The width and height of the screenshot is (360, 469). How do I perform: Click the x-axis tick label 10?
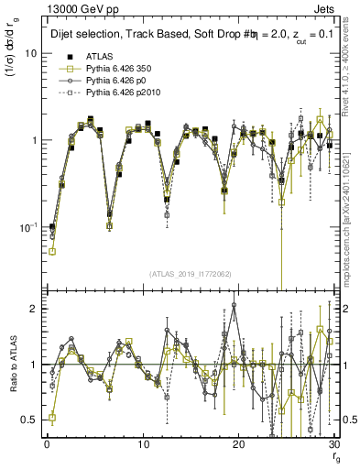(x=143, y=444)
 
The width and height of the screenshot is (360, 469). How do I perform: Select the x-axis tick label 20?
(x=239, y=444)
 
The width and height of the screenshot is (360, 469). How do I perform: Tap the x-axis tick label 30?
(x=334, y=444)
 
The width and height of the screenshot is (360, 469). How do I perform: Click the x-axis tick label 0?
(x=47, y=444)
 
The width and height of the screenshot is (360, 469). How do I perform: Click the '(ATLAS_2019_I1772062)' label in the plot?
(x=191, y=273)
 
